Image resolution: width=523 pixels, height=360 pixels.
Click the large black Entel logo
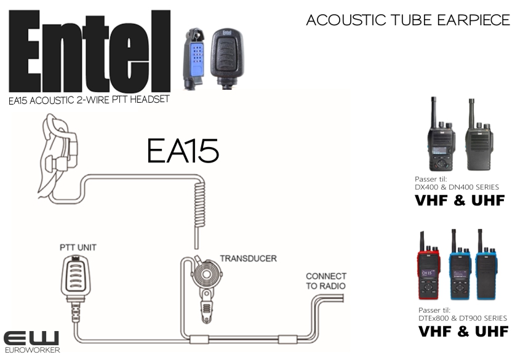click(89, 51)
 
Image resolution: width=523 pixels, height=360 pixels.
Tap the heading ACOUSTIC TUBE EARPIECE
click(408, 20)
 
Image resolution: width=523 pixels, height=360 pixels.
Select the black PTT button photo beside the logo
click(227, 58)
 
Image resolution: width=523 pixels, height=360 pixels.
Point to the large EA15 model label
click(183, 151)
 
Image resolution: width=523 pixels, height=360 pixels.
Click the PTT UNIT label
click(78, 247)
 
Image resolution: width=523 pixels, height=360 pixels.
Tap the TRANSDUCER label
click(248, 258)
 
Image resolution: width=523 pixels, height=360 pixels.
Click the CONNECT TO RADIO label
click(326, 281)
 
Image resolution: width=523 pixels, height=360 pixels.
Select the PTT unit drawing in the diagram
click(76, 287)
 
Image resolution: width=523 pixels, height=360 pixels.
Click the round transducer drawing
click(207, 274)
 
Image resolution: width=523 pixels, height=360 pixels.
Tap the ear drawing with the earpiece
click(58, 157)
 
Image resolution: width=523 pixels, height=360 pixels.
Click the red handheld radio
click(428, 267)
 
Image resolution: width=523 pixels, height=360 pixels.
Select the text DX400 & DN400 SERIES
click(457, 187)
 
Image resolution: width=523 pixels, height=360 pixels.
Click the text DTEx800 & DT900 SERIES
click(463, 318)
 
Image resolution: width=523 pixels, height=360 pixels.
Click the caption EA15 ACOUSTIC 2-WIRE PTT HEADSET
click(89, 100)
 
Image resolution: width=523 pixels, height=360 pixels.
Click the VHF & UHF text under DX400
click(460, 200)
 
